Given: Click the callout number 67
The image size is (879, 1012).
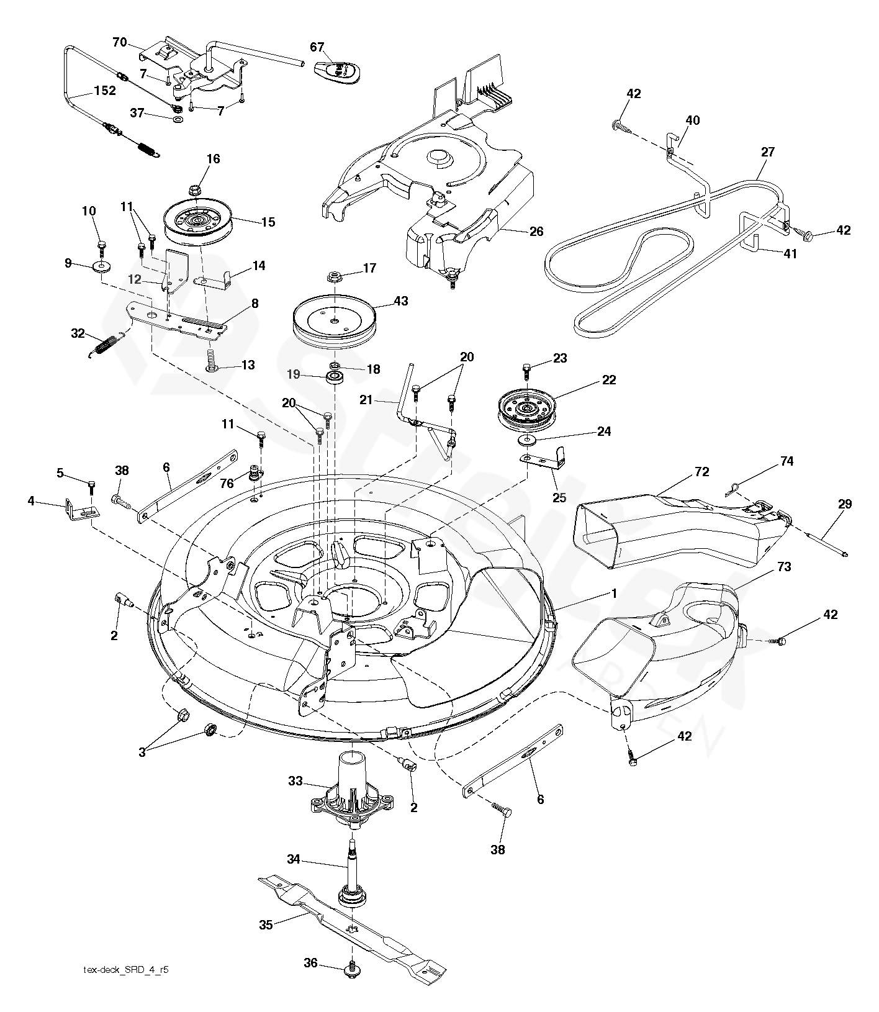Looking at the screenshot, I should click(x=317, y=47).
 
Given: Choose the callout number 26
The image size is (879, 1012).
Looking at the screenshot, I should click(x=536, y=231).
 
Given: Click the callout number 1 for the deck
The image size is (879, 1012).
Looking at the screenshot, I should click(x=614, y=593).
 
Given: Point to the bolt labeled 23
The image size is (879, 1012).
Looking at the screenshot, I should click(x=526, y=370).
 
